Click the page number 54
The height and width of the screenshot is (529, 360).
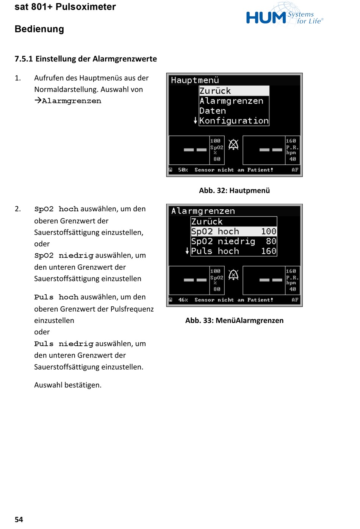click(x=19, y=520)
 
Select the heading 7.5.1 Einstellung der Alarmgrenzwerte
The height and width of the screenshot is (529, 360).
click(x=86, y=59)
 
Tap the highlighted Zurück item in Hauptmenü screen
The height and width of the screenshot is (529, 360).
click(x=215, y=91)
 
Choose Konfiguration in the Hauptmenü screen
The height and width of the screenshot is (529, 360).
click(x=234, y=121)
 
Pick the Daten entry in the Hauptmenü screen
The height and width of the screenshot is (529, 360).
click(x=213, y=111)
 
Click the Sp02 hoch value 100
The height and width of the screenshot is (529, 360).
click(x=269, y=231)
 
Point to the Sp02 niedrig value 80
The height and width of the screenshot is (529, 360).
click(x=271, y=241)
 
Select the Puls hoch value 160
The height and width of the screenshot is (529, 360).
click(x=269, y=251)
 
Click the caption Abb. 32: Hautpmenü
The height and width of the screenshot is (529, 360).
click(x=234, y=190)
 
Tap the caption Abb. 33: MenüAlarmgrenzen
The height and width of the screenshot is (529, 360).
click(x=234, y=320)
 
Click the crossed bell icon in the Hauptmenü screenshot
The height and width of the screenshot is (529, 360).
click(x=233, y=144)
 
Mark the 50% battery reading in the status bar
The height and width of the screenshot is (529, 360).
click(x=183, y=170)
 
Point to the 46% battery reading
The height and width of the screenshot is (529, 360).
click(x=183, y=300)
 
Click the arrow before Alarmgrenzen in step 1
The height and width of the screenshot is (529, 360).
click(x=38, y=100)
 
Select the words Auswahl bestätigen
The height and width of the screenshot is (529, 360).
click(x=68, y=385)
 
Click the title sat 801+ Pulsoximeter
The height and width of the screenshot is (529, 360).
click(x=65, y=7)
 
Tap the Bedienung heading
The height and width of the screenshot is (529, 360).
click(x=39, y=29)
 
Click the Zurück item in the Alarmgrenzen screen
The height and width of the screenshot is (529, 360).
click(x=207, y=222)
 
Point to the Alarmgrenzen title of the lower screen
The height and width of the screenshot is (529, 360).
click(x=203, y=211)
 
